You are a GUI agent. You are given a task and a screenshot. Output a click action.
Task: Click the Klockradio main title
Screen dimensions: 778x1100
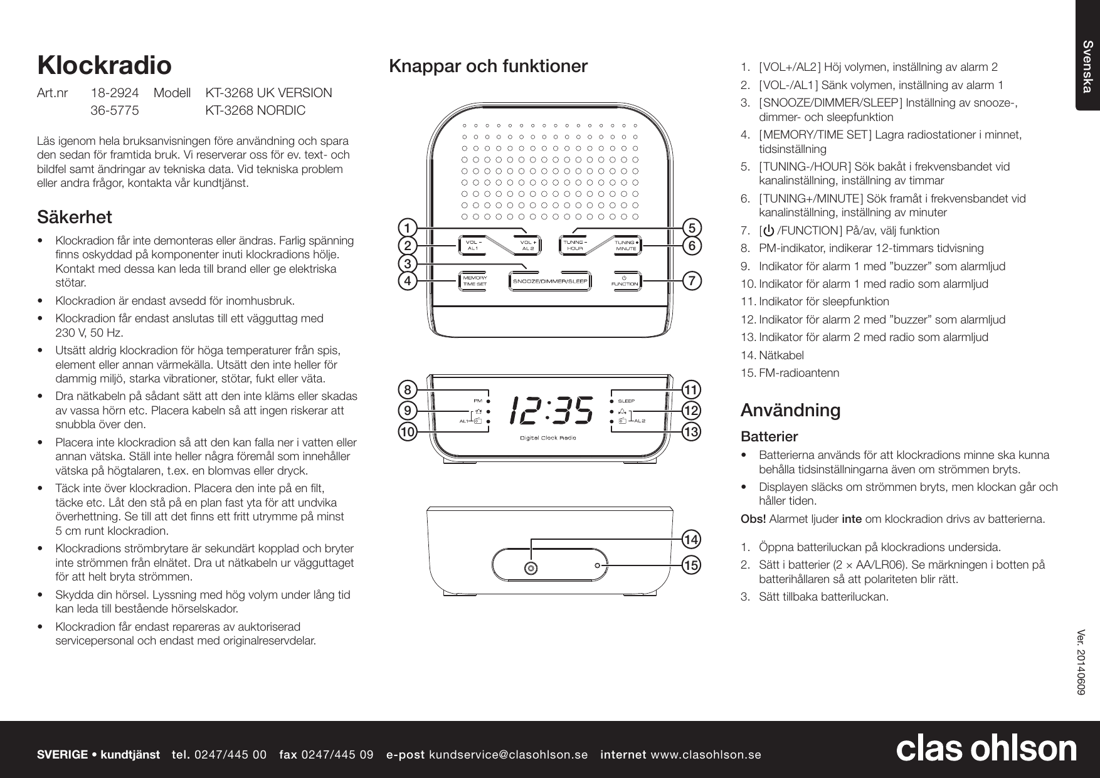(104, 65)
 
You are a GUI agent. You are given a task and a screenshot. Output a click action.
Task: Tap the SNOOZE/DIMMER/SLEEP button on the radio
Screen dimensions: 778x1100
(550, 281)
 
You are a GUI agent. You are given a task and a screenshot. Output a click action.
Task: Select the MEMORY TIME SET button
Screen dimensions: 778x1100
(474, 281)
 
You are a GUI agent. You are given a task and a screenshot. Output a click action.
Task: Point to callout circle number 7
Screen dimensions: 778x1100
(692, 281)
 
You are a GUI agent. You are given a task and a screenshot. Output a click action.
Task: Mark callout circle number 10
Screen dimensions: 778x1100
(408, 432)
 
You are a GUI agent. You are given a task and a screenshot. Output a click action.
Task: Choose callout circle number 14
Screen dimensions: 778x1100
(692, 539)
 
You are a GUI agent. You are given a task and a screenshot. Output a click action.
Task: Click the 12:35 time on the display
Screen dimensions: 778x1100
(551, 411)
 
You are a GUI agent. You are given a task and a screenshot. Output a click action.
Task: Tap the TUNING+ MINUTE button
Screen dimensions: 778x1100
(626, 245)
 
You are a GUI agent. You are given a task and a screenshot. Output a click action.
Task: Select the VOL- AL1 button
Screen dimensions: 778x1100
(473, 245)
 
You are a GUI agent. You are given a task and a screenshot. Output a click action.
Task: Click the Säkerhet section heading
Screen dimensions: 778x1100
(75, 218)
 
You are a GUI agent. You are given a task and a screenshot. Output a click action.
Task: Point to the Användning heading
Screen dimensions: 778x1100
(790, 410)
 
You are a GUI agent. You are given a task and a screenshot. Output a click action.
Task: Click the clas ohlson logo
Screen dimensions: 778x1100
(986, 749)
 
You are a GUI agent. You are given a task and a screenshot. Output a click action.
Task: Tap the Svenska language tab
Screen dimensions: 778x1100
(1088, 66)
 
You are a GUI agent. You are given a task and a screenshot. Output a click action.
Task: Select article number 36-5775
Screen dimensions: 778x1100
(115, 110)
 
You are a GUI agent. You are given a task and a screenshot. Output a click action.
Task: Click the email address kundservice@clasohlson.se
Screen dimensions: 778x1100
(508, 754)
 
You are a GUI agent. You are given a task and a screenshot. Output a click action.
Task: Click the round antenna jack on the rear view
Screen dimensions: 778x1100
(531, 567)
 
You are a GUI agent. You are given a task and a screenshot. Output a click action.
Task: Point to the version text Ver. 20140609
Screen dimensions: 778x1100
(1082, 661)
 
